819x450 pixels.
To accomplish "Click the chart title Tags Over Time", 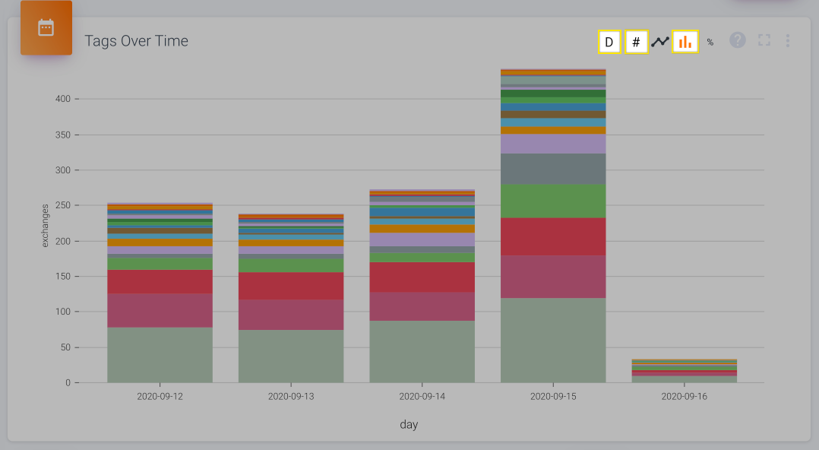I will click(x=136, y=41).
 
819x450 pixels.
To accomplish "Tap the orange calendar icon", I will click(x=46, y=28).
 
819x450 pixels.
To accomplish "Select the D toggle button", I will click(x=609, y=42).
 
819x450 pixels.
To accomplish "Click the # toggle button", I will click(x=636, y=42).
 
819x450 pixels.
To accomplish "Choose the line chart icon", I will click(x=660, y=42).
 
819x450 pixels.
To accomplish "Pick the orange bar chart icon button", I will click(x=685, y=42).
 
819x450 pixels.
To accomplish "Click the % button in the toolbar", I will click(x=710, y=43).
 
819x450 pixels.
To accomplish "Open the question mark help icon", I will click(x=738, y=40).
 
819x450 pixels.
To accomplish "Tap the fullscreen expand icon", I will click(x=764, y=40).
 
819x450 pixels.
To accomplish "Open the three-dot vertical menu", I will click(x=788, y=40).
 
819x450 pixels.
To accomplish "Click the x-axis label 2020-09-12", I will click(x=160, y=397).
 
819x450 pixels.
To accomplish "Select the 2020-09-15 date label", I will click(x=553, y=397).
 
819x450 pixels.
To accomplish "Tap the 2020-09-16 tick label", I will click(x=684, y=397).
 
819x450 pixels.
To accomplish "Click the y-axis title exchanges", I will click(x=45, y=225).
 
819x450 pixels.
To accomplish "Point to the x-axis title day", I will click(x=409, y=425).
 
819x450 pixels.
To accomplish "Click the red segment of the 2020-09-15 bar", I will click(x=553, y=236).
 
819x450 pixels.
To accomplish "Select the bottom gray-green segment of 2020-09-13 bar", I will click(x=291, y=356).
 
